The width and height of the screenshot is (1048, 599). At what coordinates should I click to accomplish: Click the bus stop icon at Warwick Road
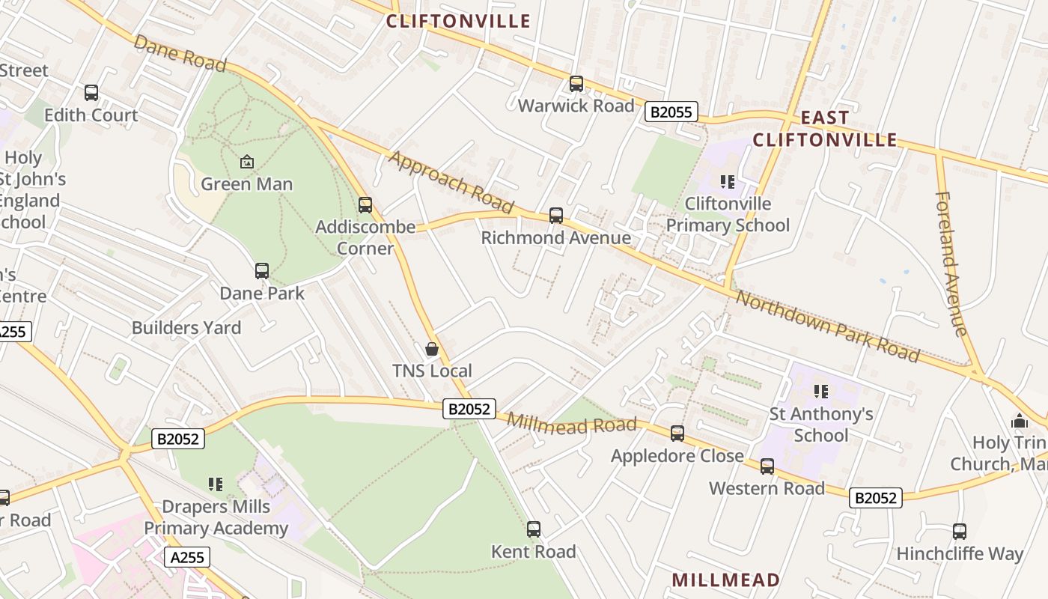click(x=576, y=84)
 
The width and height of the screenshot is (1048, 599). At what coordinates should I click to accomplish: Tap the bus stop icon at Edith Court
click(x=91, y=93)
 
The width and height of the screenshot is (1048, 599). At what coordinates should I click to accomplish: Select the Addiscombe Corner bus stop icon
click(x=365, y=204)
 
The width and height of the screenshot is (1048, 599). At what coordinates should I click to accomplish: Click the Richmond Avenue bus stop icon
click(x=556, y=216)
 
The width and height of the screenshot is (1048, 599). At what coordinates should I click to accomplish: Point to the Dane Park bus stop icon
click(x=262, y=271)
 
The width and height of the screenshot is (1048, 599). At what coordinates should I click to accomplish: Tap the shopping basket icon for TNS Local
click(x=432, y=349)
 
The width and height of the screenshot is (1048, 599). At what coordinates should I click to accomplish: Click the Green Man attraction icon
click(x=246, y=162)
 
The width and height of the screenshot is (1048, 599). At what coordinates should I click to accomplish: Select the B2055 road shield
click(x=671, y=112)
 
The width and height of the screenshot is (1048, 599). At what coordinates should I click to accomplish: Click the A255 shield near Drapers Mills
click(x=186, y=557)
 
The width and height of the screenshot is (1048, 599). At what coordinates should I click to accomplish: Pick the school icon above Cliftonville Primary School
click(x=728, y=182)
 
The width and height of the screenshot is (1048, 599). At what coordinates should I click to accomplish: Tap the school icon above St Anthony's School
click(x=821, y=392)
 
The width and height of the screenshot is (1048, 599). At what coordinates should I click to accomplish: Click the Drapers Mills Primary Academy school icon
click(x=216, y=484)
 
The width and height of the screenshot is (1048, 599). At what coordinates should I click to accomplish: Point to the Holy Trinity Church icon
click(x=1020, y=421)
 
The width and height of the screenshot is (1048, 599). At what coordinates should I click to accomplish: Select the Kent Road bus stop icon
click(x=534, y=529)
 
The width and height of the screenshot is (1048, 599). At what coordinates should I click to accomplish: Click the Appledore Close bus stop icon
click(x=677, y=434)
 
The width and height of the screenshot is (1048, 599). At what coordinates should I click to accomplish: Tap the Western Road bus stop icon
click(x=767, y=466)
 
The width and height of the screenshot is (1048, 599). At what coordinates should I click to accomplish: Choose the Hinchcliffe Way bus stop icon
click(x=960, y=532)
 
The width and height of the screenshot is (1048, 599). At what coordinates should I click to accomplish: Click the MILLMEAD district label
click(x=725, y=580)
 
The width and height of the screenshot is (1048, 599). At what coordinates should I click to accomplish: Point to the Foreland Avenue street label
click(x=951, y=264)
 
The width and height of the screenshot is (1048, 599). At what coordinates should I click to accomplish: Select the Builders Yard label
click(x=186, y=328)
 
